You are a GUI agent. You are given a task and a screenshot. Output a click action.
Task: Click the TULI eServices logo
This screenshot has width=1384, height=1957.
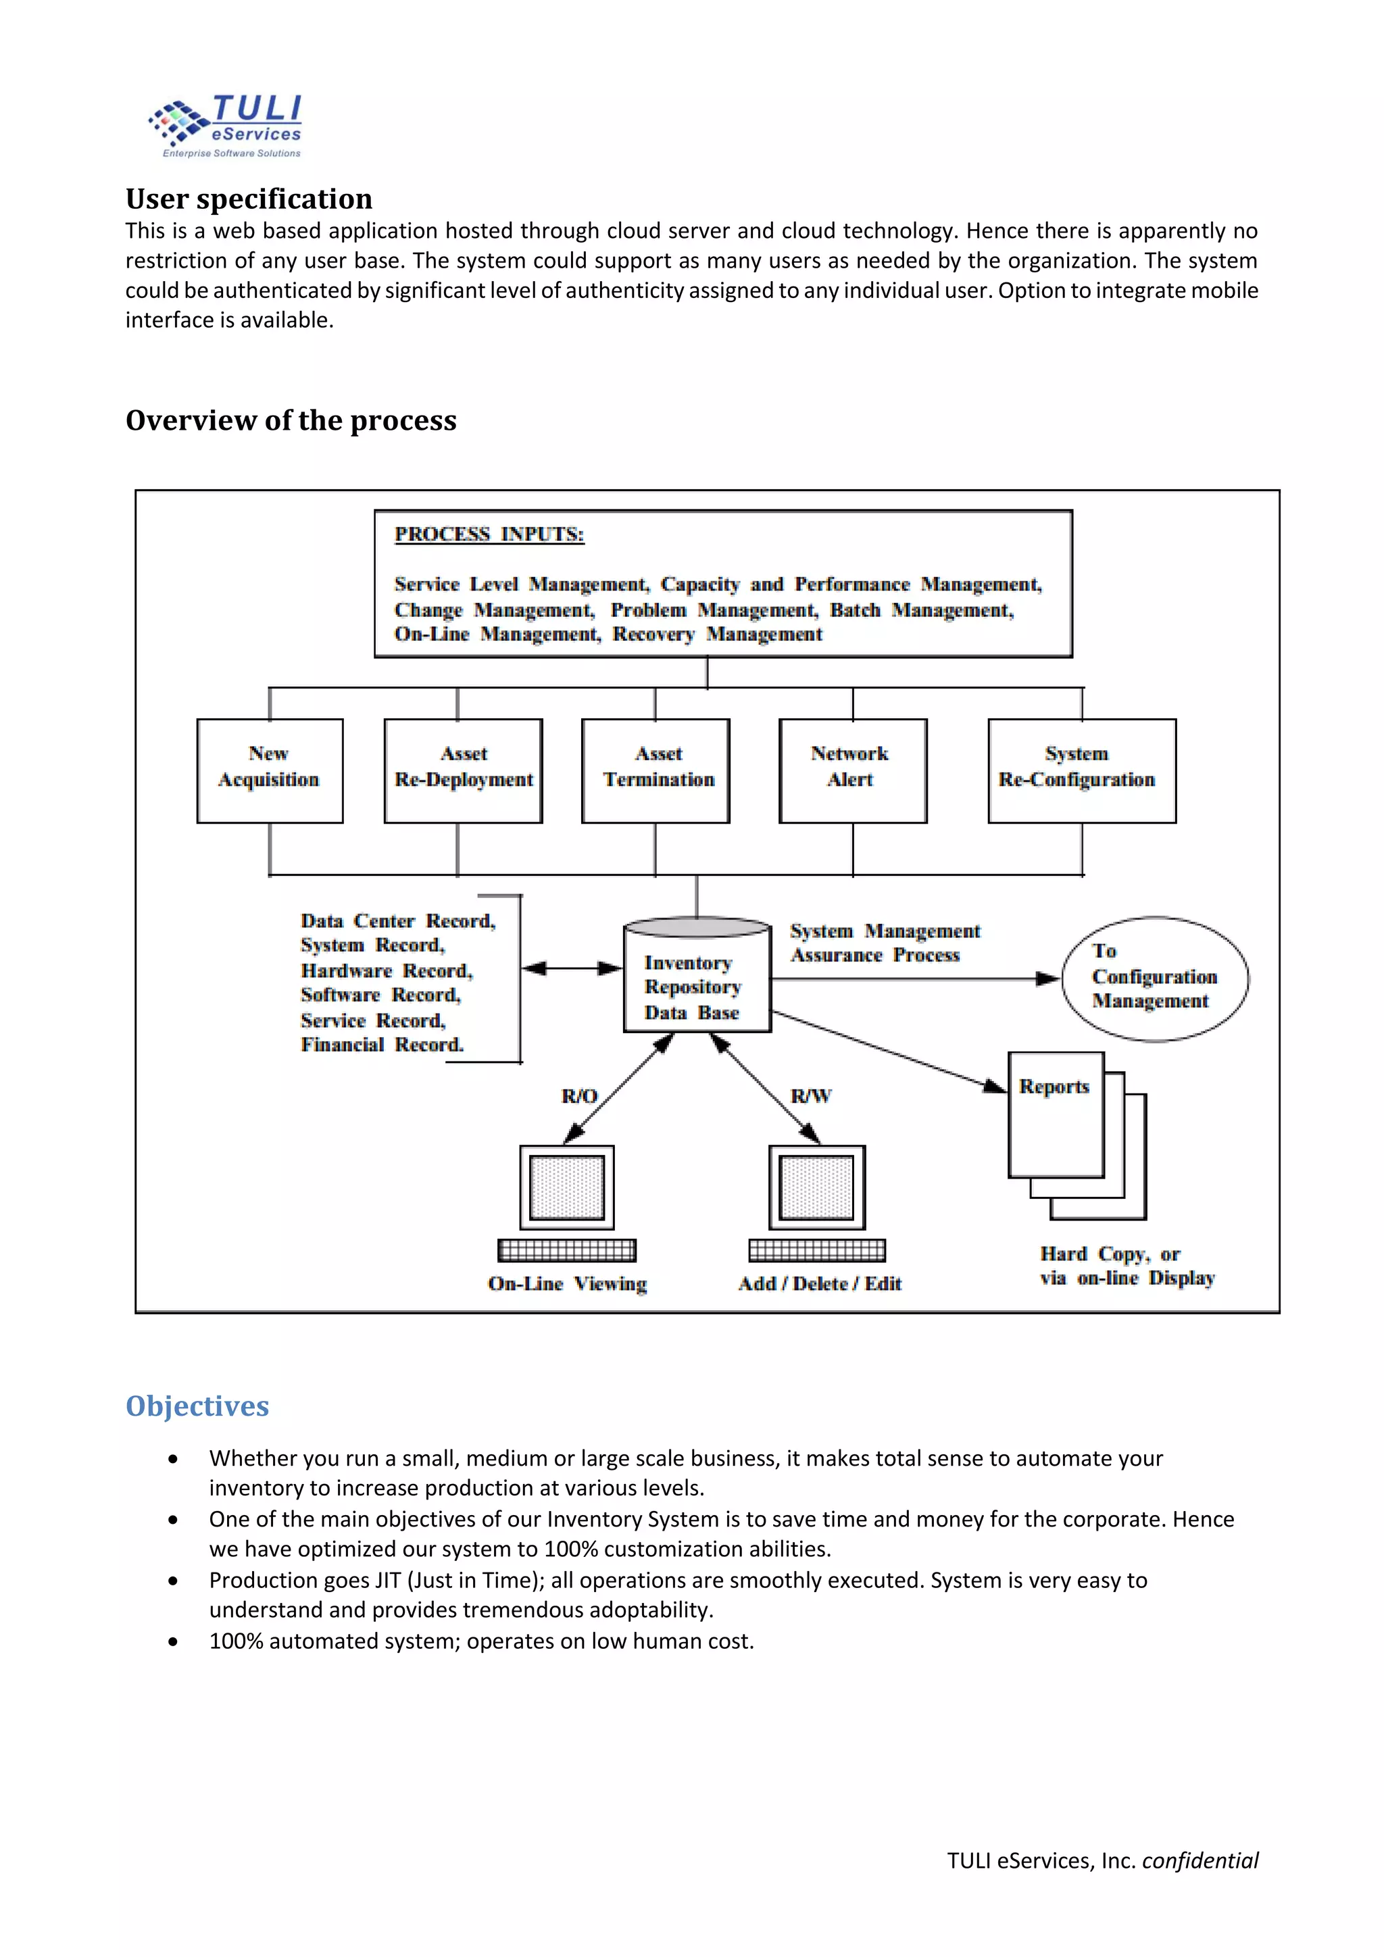(x=226, y=126)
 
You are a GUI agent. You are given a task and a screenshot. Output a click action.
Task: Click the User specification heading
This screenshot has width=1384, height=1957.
(x=249, y=199)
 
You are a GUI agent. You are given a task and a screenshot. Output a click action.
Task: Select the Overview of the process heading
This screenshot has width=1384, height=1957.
(x=291, y=420)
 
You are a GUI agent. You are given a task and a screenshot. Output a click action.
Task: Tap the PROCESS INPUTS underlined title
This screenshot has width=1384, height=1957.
(x=489, y=535)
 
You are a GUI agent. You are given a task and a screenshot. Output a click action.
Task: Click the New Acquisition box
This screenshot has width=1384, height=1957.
(x=270, y=770)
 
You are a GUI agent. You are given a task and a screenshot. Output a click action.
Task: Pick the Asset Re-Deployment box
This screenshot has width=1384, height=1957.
(x=463, y=770)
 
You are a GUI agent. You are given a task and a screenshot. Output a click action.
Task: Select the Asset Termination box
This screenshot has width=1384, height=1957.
(x=656, y=770)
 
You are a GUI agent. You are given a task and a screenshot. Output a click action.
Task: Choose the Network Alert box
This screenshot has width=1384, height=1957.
(x=852, y=770)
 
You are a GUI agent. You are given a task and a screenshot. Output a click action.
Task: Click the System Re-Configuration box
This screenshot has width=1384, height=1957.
(x=1081, y=770)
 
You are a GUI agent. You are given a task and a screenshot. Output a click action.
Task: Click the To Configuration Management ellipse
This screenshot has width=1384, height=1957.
(x=1155, y=978)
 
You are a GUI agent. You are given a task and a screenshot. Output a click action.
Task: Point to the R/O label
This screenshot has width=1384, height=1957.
(x=580, y=1096)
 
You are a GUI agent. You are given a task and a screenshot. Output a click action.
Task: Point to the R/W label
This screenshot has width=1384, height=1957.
(x=810, y=1096)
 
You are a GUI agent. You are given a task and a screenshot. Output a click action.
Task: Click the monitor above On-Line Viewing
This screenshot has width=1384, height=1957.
(x=567, y=1187)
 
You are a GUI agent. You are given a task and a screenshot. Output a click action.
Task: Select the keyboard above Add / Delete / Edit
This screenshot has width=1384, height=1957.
(x=817, y=1250)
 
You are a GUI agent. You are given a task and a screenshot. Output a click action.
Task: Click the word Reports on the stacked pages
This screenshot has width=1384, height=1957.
(x=1054, y=1087)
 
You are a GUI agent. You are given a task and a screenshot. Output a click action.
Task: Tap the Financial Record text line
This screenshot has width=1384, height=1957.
(x=382, y=1045)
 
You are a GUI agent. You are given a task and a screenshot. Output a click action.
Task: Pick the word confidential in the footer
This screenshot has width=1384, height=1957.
(x=1200, y=1860)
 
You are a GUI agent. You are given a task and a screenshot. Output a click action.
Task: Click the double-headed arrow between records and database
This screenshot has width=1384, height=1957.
(x=572, y=968)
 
